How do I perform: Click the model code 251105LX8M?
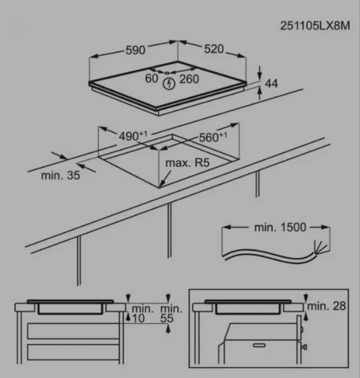pos(315,26)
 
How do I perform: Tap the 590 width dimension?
pos(135,50)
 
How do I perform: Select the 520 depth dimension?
pos(214,49)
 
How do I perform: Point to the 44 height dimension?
pos(271,83)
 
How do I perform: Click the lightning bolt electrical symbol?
pos(169,84)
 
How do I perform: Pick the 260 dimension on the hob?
pos(189,79)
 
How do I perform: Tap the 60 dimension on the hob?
pos(152,78)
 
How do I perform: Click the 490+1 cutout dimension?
pos(133,136)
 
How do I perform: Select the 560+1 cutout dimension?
pos(213,137)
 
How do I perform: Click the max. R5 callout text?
pos(187,163)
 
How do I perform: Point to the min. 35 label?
pos(60,175)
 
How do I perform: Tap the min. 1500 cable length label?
pos(280,227)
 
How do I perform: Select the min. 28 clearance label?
pos(327,306)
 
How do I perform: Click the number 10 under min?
pos(138,319)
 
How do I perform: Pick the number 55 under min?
pos(167,319)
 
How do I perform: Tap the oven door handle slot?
pos(259,345)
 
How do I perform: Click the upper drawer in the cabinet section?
pos(73,331)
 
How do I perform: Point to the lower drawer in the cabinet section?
pos(73,352)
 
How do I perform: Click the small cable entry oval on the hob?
pos(166,72)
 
